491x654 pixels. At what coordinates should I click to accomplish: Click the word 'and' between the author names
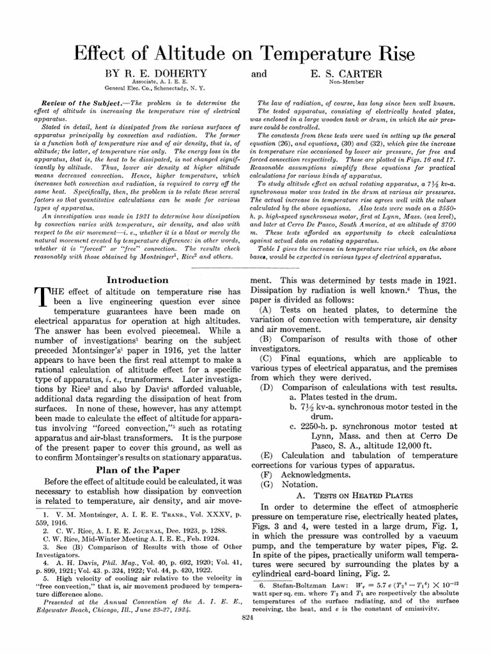tap(259, 74)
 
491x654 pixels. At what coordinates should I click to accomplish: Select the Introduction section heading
tap(137, 280)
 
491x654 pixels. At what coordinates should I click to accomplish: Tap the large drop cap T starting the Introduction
tap(39, 296)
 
